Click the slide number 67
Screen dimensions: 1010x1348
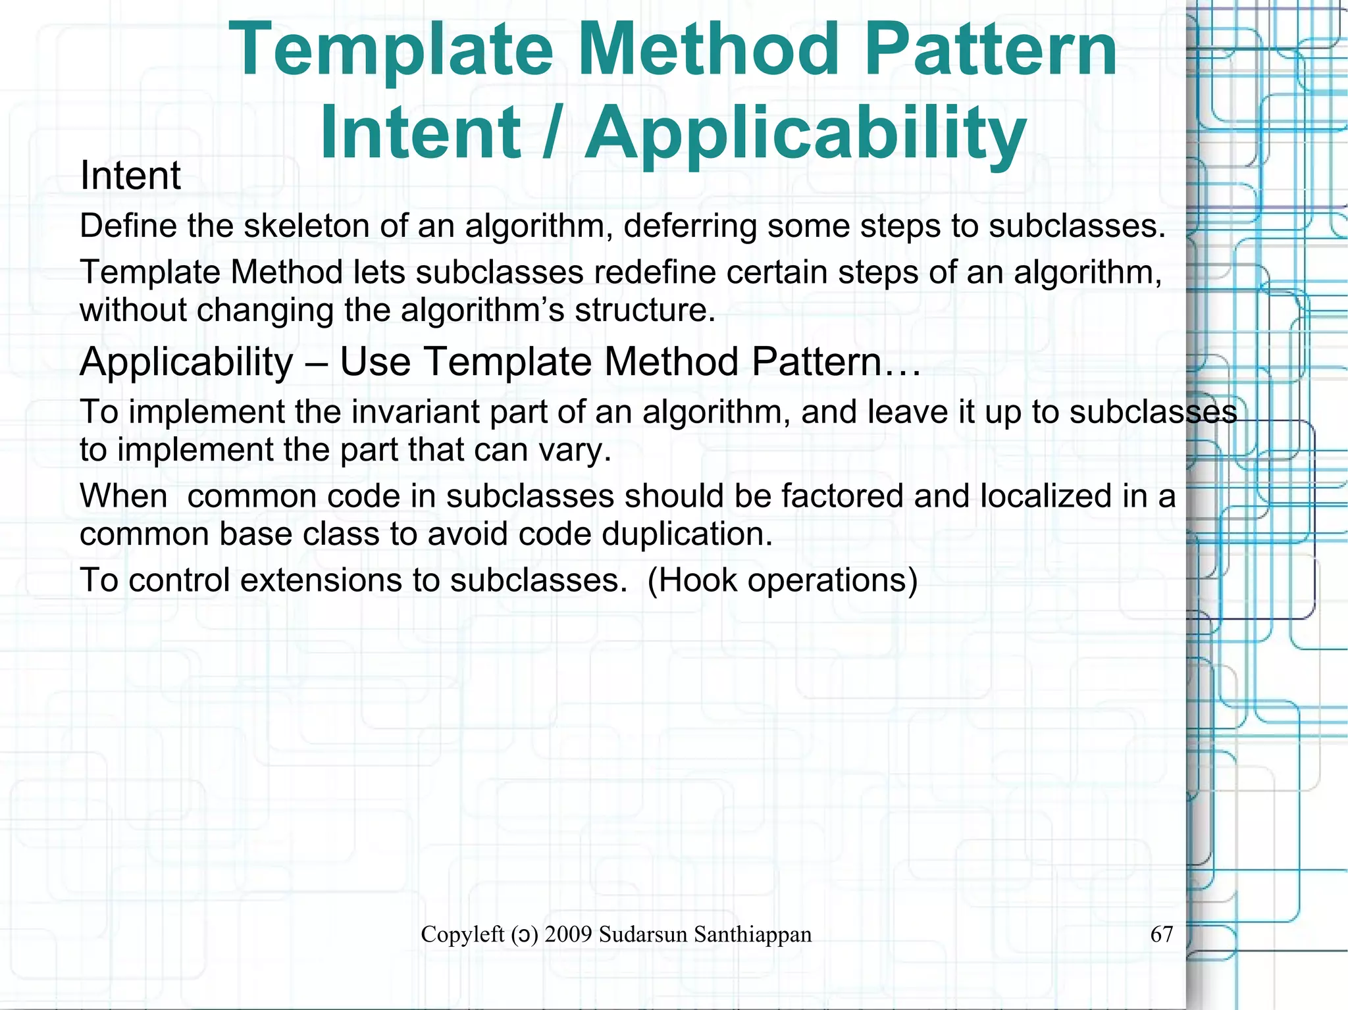click(x=1161, y=934)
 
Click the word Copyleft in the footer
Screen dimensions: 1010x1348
click(x=462, y=934)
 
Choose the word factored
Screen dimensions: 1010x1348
click(x=842, y=495)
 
